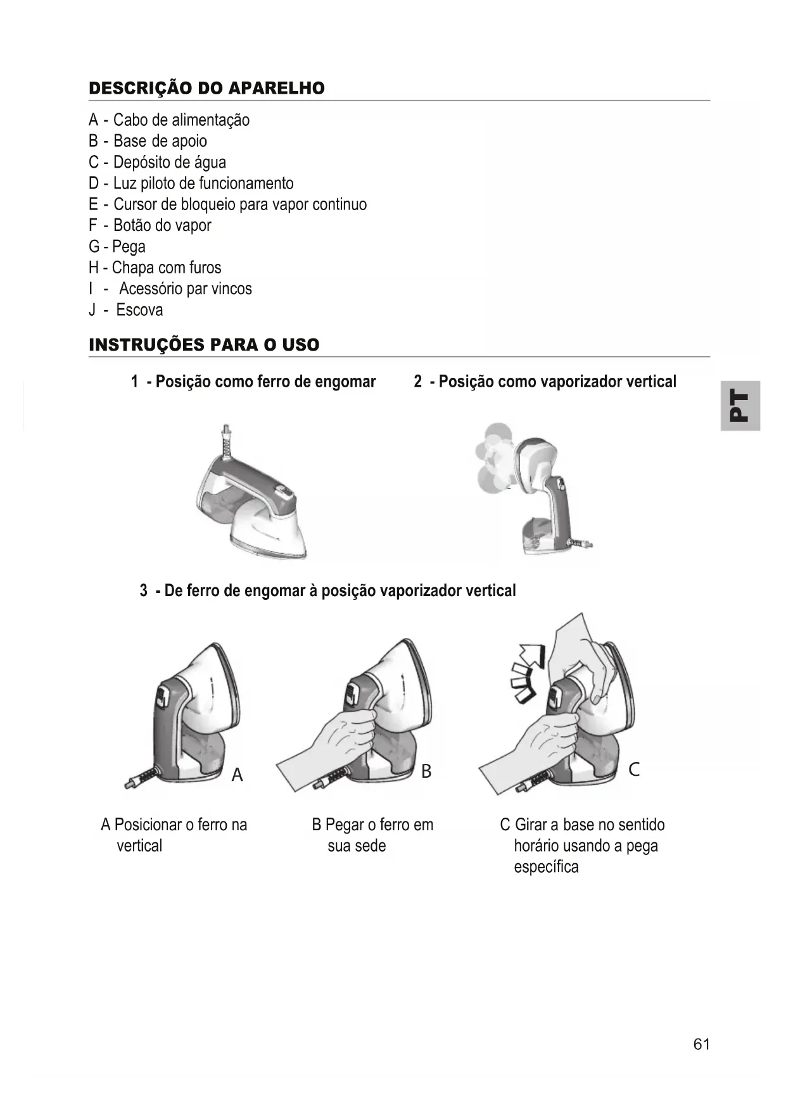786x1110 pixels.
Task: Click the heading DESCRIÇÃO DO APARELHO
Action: click(x=206, y=88)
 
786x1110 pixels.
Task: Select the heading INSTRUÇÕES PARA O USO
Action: click(x=204, y=345)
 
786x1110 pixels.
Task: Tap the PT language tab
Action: click(x=740, y=406)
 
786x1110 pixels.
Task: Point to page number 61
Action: click(x=701, y=1044)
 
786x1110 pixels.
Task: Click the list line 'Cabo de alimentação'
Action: click(x=169, y=120)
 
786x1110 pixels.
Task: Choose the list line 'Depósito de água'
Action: click(x=157, y=163)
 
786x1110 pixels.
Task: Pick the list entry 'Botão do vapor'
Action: click(x=150, y=225)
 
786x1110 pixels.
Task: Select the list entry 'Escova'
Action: click(x=126, y=310)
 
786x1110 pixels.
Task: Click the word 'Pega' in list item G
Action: click(x=129, y=247)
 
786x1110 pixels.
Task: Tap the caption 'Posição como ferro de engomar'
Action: click(x=253, y=382)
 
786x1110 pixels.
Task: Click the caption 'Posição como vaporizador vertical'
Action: click(x=545, y=382)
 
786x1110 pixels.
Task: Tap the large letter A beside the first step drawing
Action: click(x=238, y=775)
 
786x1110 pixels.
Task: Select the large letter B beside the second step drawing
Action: click(x=426, y=771)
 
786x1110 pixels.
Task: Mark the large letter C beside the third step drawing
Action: click(x=634, y=770)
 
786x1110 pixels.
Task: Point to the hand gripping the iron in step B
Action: click(x=345, y=737)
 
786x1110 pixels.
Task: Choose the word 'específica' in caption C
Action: click(x=546, y=867)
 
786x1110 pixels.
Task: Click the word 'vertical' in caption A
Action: click(x=139, y=846)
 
